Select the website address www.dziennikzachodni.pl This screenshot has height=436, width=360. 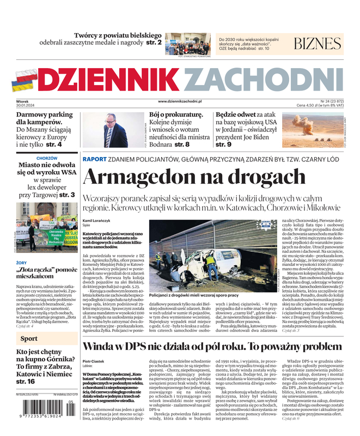click(180, 101)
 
